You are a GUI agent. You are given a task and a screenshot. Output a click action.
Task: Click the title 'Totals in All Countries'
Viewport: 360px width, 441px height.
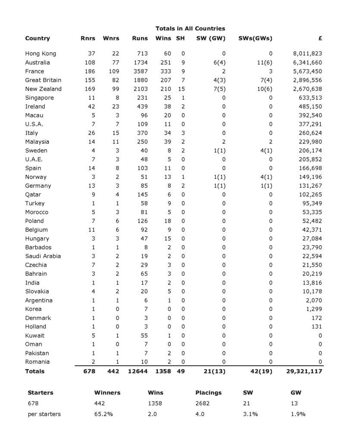coord(190,28)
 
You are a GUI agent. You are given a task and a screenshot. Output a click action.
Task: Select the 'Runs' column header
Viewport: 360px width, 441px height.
coord(140,38)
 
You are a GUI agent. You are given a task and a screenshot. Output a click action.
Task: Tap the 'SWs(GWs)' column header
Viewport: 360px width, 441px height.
coord(255,38)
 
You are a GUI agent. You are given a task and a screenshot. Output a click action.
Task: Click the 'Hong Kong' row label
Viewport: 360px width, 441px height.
coord(41,54)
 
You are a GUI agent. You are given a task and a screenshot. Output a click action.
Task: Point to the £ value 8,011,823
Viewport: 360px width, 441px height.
coord(307,54)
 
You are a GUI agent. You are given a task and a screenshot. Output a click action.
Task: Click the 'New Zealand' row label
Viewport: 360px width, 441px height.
coord(43,89)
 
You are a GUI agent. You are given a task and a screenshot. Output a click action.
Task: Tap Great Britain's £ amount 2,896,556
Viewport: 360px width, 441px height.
coord(307,80)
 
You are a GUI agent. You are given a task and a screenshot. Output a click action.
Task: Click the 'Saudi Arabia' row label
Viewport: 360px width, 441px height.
coord(43,256)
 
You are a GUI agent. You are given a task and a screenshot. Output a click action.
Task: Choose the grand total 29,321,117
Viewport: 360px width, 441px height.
coord(304,371)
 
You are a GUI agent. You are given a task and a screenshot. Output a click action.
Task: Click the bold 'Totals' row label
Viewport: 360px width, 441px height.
coord(34,371)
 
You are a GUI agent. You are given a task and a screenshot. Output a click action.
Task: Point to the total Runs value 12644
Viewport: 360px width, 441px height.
coord(138,371)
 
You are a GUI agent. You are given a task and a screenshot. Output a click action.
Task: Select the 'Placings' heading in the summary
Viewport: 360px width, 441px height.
coord(208,393)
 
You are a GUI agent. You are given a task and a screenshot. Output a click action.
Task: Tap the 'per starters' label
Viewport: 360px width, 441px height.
coord(44,414)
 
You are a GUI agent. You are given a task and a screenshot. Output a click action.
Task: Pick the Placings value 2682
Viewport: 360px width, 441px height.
coord(203,404)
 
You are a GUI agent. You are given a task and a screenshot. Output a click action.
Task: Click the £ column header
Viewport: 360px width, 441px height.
coord(320,38)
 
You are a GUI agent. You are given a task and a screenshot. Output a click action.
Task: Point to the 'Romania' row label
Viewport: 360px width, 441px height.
coord(37,362)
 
